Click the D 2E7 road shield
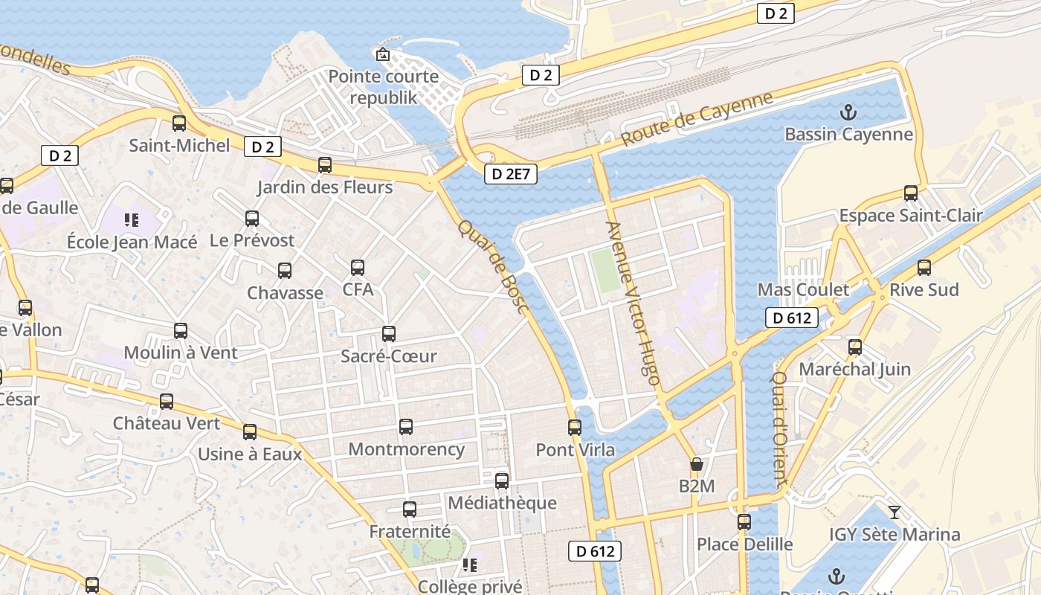[x=510, y=174]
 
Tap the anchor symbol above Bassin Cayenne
[x=848, y=113]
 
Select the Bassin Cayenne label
[x=848, y=135]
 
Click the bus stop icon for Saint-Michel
[x=179, y=123]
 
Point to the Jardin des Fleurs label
[x=324, y=187]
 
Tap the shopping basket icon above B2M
[x=697, y=465]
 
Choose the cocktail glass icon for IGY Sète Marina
[x=895, y=512]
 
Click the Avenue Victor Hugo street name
[x=633, y=303]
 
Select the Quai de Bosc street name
[x=492, y=266]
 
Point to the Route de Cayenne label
[x=697, y=118]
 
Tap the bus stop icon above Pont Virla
[x=575, y=428]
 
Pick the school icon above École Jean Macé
[x=132, y=220]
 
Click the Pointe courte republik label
[x=384, y=87]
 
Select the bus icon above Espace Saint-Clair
[x=911, y=193]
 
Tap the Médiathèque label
[x=502, y=503]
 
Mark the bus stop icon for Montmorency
[x=406, y=427]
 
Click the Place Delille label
[x=744, y=544]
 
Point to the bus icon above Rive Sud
[x=924, y=268]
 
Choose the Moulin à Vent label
[x=181, y=353]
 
